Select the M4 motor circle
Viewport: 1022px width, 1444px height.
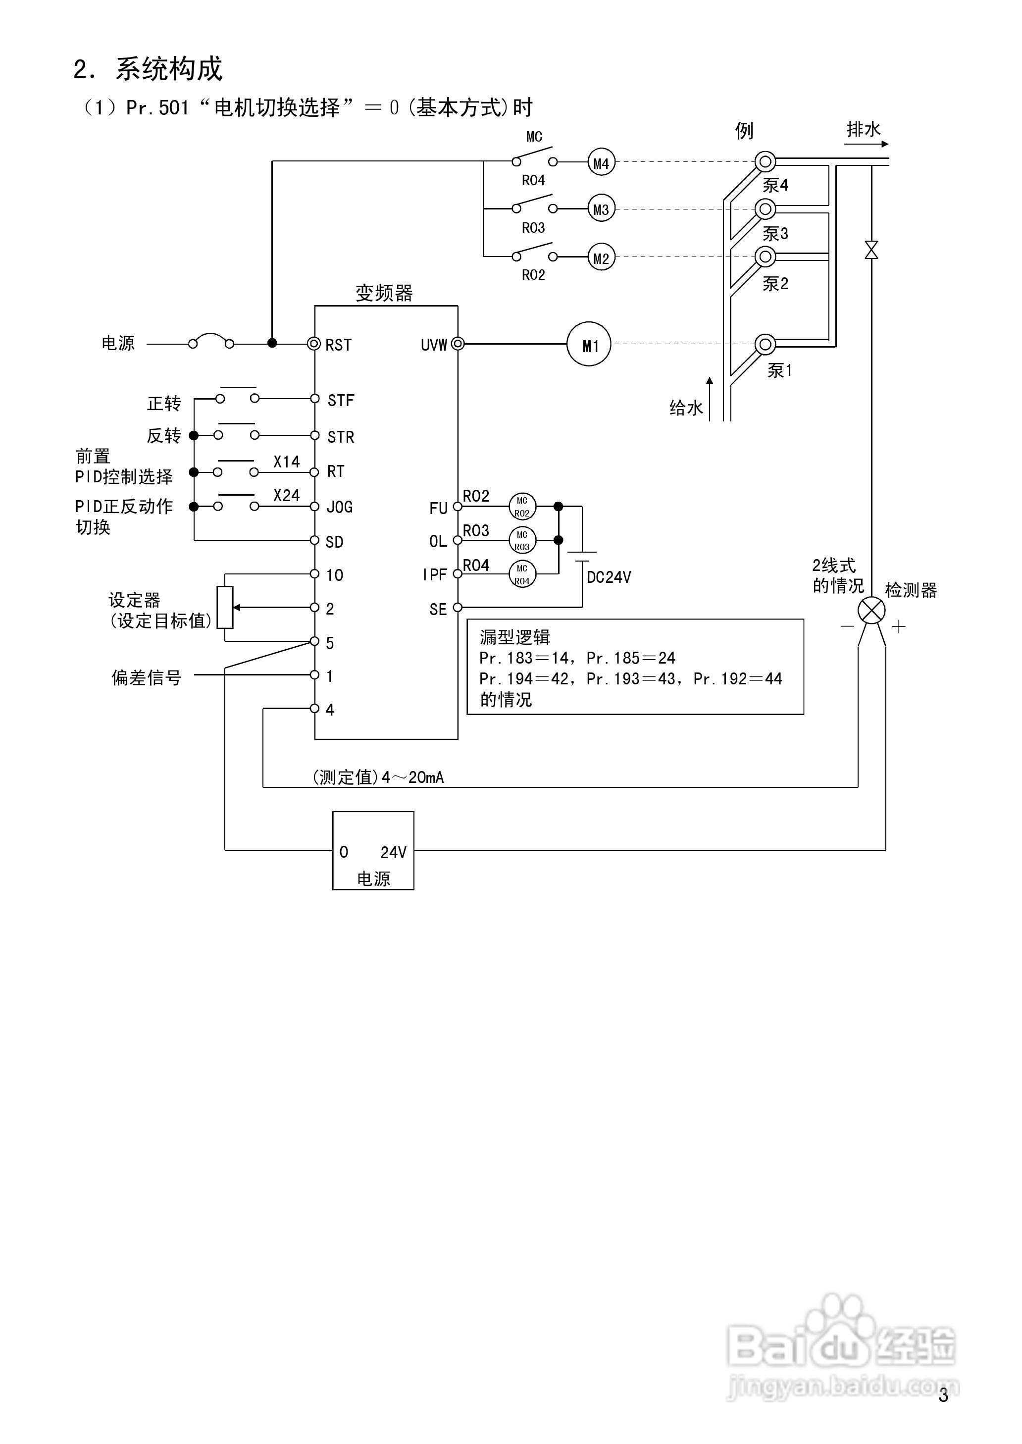click(x=601, y=163)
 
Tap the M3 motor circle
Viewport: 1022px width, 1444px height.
click(x=601, y=209)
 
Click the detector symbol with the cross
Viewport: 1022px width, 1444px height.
click(x=871, y=610)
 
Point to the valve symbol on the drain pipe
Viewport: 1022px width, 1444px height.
click(x=871, y=250)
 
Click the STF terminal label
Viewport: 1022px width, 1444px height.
click(x=341, y=400)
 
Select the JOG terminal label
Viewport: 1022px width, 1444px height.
click(x=340, y=507)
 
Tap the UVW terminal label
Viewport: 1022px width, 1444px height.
click(x=434, y=345)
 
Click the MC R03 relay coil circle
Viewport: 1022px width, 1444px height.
click(x=522, y=540)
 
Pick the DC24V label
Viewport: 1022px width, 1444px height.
click(x=609, y=577)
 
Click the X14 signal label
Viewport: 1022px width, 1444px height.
click(x=286, y=462)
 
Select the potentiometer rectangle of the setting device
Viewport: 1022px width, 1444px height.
click(x=225, y=607)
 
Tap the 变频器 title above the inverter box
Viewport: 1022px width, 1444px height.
click(x=384, y=293)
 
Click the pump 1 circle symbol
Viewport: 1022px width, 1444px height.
click(x=765, y=344)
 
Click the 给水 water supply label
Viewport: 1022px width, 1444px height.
click(x=685, y=409)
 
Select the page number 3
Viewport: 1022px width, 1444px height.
click(x=943, y=1395)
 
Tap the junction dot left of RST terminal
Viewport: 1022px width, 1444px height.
click(x=272, y=343)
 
